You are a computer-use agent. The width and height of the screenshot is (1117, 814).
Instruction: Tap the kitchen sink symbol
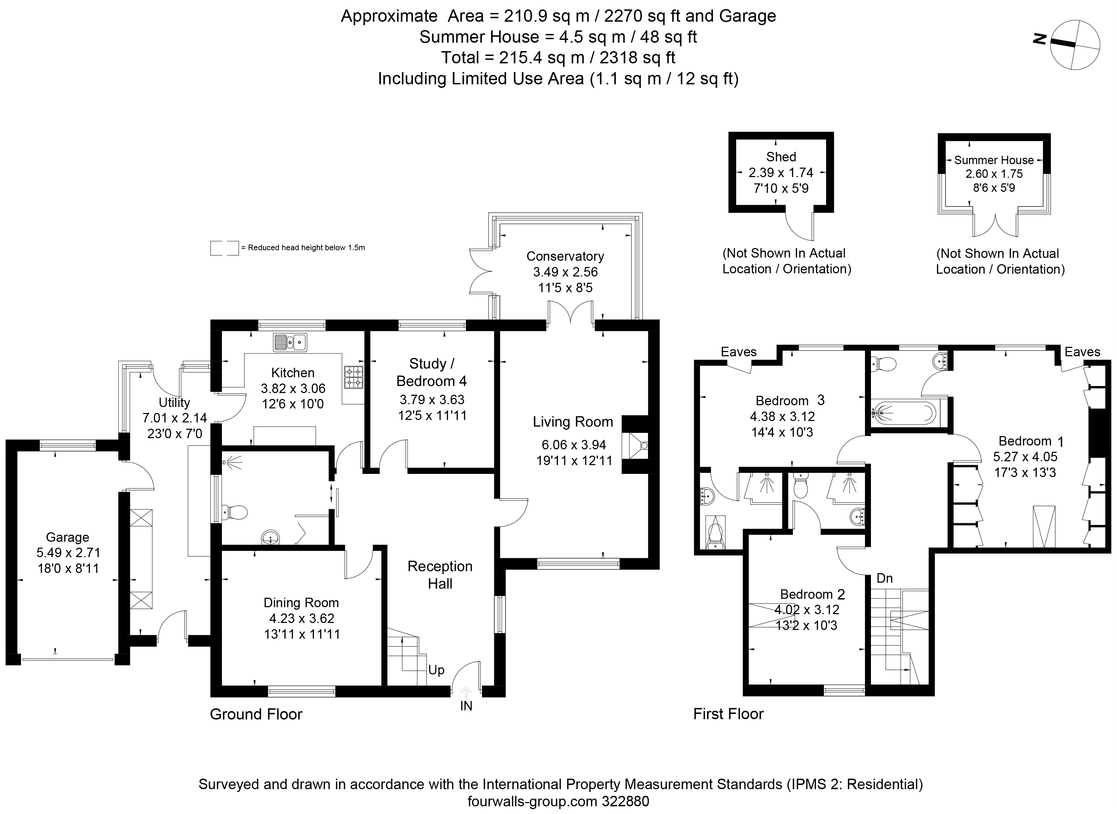pyautogui.click(x=290, y=343)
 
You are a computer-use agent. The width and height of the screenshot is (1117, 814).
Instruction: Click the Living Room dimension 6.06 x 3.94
pyautogui.click(x=573, y=445)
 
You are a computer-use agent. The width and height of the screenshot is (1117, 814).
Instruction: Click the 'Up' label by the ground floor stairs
pyautogui.click(x=436, y=670)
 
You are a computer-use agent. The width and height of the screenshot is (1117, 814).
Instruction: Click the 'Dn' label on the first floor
pyautogui.click(x=885, y=578)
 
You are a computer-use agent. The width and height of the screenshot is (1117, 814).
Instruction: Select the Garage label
pyautogui.click(x=68, y=537)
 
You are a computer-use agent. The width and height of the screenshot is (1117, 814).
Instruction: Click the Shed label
pyautogui.click(x=781, y=157)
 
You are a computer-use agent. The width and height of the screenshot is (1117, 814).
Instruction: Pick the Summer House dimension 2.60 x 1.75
pyautogui.click(x=994, y=174)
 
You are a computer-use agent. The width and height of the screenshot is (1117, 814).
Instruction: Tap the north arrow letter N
pyautogui.click(x=1039, y=39)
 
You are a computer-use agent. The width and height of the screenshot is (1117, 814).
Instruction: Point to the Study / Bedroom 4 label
pyautogui.click(x=431, y=372)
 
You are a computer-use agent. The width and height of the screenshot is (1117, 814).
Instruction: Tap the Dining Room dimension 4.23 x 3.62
pyautogui.click(x=301, y=618)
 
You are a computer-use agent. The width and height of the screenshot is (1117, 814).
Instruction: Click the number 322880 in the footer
pyautogui.click(x=625, y=802)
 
